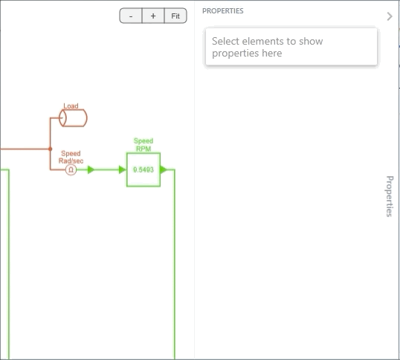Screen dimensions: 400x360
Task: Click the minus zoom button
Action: pos(131,16)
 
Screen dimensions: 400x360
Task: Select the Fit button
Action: pos(175,16)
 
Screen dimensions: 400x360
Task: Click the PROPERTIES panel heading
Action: pos(223,11)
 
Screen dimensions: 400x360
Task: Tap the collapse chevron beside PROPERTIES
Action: pos(390,16)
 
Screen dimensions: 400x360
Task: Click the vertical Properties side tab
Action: pos(389,196)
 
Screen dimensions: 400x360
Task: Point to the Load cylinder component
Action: pos(73,118)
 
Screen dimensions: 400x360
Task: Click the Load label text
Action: pos(71,106)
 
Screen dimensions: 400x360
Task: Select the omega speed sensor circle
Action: pos(71,170)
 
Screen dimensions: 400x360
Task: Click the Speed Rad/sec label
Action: pos(71,157)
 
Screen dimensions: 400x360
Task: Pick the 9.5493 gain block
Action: pos(143,170)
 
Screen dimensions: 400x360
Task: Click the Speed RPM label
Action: pos(143,144)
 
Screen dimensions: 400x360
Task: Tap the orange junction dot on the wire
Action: pos(51,149)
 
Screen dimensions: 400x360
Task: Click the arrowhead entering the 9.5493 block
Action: pos(123,170)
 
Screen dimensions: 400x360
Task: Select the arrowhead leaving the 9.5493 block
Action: pos(164,169)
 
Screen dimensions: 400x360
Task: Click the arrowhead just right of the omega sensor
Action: pos(91,170)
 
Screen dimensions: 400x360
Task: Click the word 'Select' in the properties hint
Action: pos(225,41)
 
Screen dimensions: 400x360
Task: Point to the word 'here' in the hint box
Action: pos(272,53)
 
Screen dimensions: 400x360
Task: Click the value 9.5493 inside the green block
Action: pos(143,170)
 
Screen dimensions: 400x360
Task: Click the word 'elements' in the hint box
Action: pos(262,41)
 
